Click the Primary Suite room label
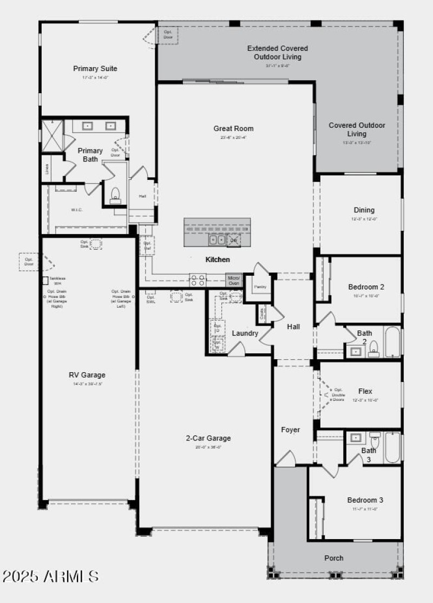tap(95, 69)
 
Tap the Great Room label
tap(233, 128)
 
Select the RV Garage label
tap(87, 375)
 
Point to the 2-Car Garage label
tap(208, 438)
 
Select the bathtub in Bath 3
tap(392, 447)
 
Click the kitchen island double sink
tap(217, 240)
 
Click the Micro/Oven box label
tap(234, 281)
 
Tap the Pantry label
tap(260, 287)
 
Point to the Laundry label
tap(245, 333)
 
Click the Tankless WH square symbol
tap(45, 281)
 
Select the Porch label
tap(334, 558)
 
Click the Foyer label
tap(291, 430)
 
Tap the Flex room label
tap(365, 391)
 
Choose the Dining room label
tap(364, 210)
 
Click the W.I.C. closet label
tap(76, 210)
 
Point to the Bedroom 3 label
tap(365, 500)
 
